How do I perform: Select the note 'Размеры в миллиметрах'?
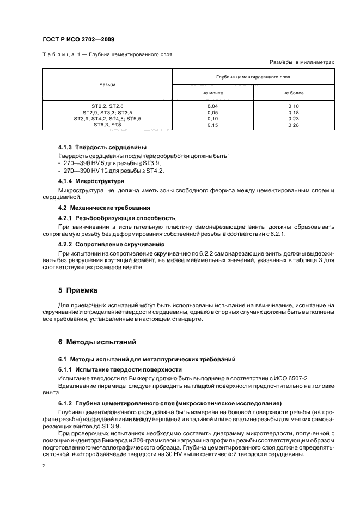[x=302, y=62]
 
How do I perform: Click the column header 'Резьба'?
[x=107, y=84]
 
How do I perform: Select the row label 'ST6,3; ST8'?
[x=107, y=125]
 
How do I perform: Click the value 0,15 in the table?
[x=213, y=125]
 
